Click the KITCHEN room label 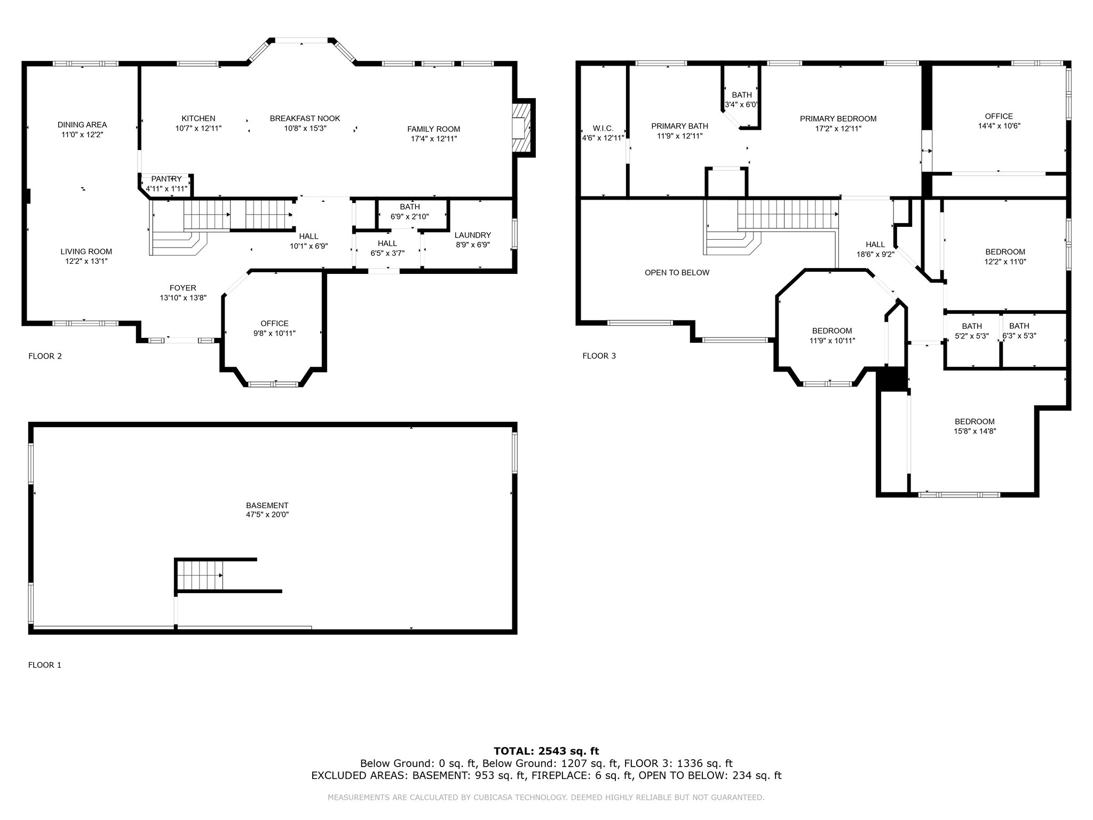(199, 119)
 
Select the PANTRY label (167, 179)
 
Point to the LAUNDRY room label (473, 235)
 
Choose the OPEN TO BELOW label (677, 273)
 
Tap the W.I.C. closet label (603, 129)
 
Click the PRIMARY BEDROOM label (838, 119)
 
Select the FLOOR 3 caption (599, 356)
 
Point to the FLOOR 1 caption (45, 665)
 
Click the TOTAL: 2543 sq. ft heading (546, 751)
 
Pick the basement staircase (200, 575)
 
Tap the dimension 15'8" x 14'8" (975, 431)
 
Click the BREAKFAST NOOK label (305, 119)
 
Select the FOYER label (183, 288)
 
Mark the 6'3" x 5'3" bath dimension (1019, 336)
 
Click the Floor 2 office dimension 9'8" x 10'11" (274, 333)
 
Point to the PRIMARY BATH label (680, 126)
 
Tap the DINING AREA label (82, 125)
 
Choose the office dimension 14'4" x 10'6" (999, 126)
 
